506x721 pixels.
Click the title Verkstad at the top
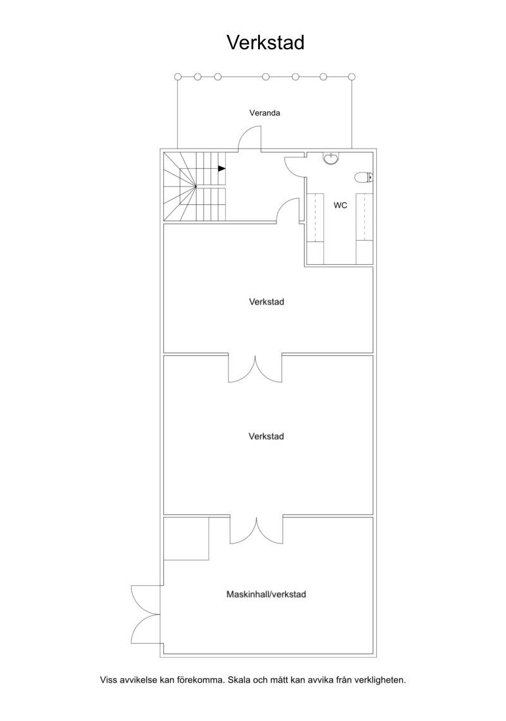click(x=265, y=43)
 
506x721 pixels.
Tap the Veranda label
click(x=265, y=112)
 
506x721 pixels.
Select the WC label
click(x=340, y=205)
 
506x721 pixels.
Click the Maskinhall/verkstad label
click(x=266, y=594)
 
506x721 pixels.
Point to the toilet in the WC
click(x=364, y=177)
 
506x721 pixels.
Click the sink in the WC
click(x=331, y=158)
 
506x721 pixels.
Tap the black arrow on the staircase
click(x=222, y=168)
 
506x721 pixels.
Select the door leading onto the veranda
click(x=249, y=139)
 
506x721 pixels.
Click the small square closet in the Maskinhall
click(x=187, y=538)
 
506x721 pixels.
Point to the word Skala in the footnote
click(x=239, y=679)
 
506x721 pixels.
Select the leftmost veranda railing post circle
click(x=178, y=77)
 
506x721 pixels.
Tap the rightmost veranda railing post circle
click(x=352, y=77)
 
